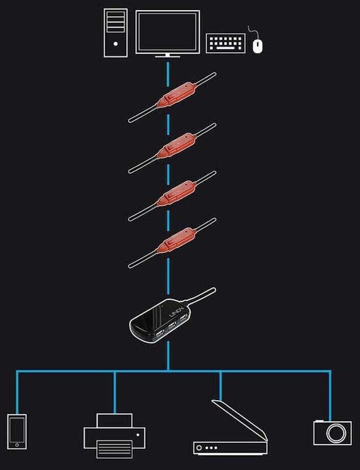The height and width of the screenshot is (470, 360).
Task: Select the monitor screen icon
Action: click(x=167, y=31)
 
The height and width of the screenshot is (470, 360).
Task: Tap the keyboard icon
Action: click(x=225, y=43)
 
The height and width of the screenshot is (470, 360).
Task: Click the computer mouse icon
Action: click(x=258, y=45)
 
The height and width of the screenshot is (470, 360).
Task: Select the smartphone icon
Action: click(x=17, y=431)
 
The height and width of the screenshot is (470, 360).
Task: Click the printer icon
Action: click(x=114, y=435)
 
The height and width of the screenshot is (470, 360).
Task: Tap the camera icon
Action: click(x=332, y=432)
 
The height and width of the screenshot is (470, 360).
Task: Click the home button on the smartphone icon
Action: click(x=17, y=445)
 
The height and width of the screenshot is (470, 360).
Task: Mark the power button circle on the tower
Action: click(x=116, y=44)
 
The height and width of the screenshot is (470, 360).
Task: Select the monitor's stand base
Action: click(x=167, y=56)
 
